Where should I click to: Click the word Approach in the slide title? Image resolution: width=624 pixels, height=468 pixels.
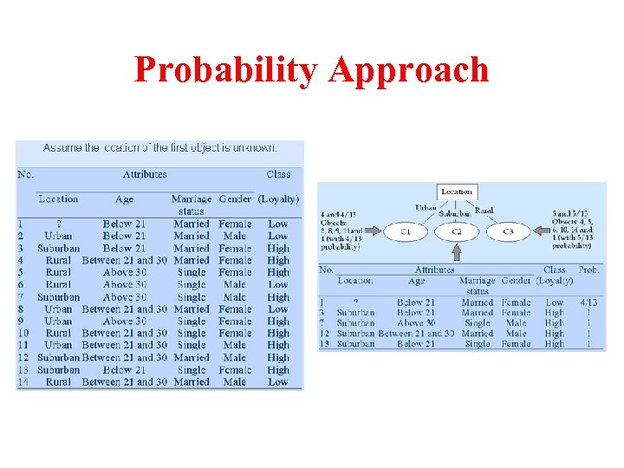tap(407, 70)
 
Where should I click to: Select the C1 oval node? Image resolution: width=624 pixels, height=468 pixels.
tap(406, 232)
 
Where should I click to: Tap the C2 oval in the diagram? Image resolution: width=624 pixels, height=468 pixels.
tap(456, 232)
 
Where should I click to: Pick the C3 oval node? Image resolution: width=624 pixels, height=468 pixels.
tap(508, 232)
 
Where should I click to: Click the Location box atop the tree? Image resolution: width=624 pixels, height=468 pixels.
tap(457, 192)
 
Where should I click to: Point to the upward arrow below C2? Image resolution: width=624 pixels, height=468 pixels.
tap(457, 252)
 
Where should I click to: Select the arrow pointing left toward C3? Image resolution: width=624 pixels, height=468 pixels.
tap(544, 232)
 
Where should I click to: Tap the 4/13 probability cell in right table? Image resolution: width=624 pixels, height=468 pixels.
tap(588, 302)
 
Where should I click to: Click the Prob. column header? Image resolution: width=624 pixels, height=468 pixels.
tap(588, 270)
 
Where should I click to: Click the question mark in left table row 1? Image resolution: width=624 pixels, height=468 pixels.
tap(58, 224)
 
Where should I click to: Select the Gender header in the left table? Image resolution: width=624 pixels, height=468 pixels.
tap(235, 198)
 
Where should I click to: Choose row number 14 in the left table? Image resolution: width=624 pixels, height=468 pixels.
tap(23, 381)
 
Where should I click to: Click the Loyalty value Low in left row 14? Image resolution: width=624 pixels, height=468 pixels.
tap(277, 381)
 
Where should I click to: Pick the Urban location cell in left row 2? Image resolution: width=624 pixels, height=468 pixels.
tap(58, 236)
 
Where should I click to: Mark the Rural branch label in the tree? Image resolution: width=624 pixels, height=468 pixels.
tap(484, 211)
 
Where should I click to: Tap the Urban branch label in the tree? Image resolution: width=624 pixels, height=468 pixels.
tap(426, 208)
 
